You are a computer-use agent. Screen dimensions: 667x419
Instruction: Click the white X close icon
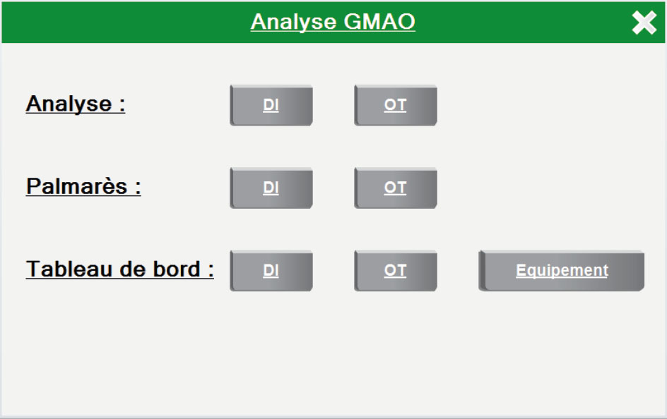tap(644, 23)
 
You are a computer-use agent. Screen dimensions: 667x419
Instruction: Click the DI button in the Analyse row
tap(271, 105)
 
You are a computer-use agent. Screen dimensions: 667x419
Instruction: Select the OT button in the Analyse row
tap(396, 105)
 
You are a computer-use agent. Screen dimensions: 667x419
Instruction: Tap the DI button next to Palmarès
tap(271, 188)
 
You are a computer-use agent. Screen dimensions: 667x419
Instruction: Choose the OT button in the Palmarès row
tap(396, 188)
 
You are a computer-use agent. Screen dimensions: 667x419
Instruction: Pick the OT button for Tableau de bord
tap(396, 271)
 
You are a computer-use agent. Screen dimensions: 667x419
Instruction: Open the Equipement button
tap(562, 271)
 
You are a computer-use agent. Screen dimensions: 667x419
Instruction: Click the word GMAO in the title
tap(379, 22)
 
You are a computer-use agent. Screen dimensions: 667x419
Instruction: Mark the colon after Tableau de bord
tap(211, 271)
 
